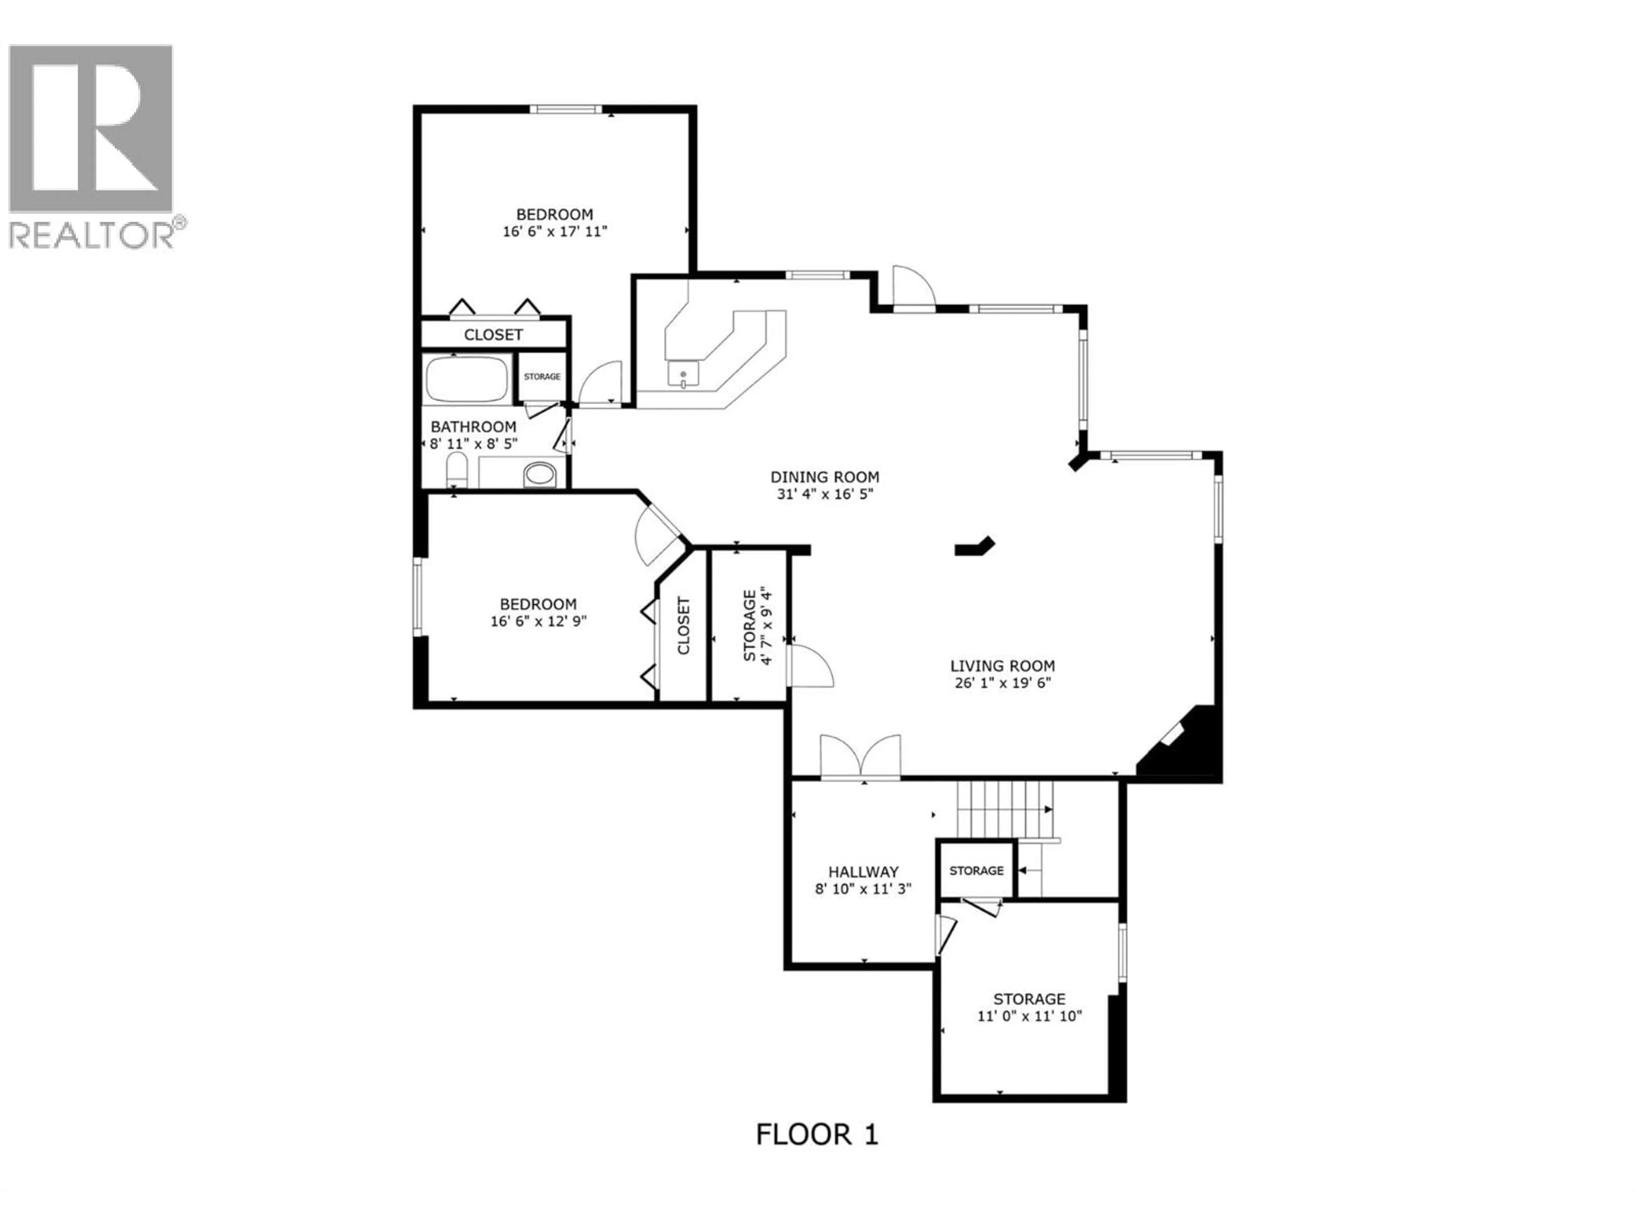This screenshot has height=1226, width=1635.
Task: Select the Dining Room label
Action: click(825, 477)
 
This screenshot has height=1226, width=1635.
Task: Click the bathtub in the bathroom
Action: click(467, 379)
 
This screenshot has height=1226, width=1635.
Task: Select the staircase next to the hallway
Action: click(1004, 809)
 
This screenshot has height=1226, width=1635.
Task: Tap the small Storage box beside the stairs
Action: click(976, 871)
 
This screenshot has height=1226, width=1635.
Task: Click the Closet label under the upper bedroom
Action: click(493, 335)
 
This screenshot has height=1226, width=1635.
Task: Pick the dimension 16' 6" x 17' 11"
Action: click(554, 231)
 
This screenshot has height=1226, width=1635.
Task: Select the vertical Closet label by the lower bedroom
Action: click(683, 625)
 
